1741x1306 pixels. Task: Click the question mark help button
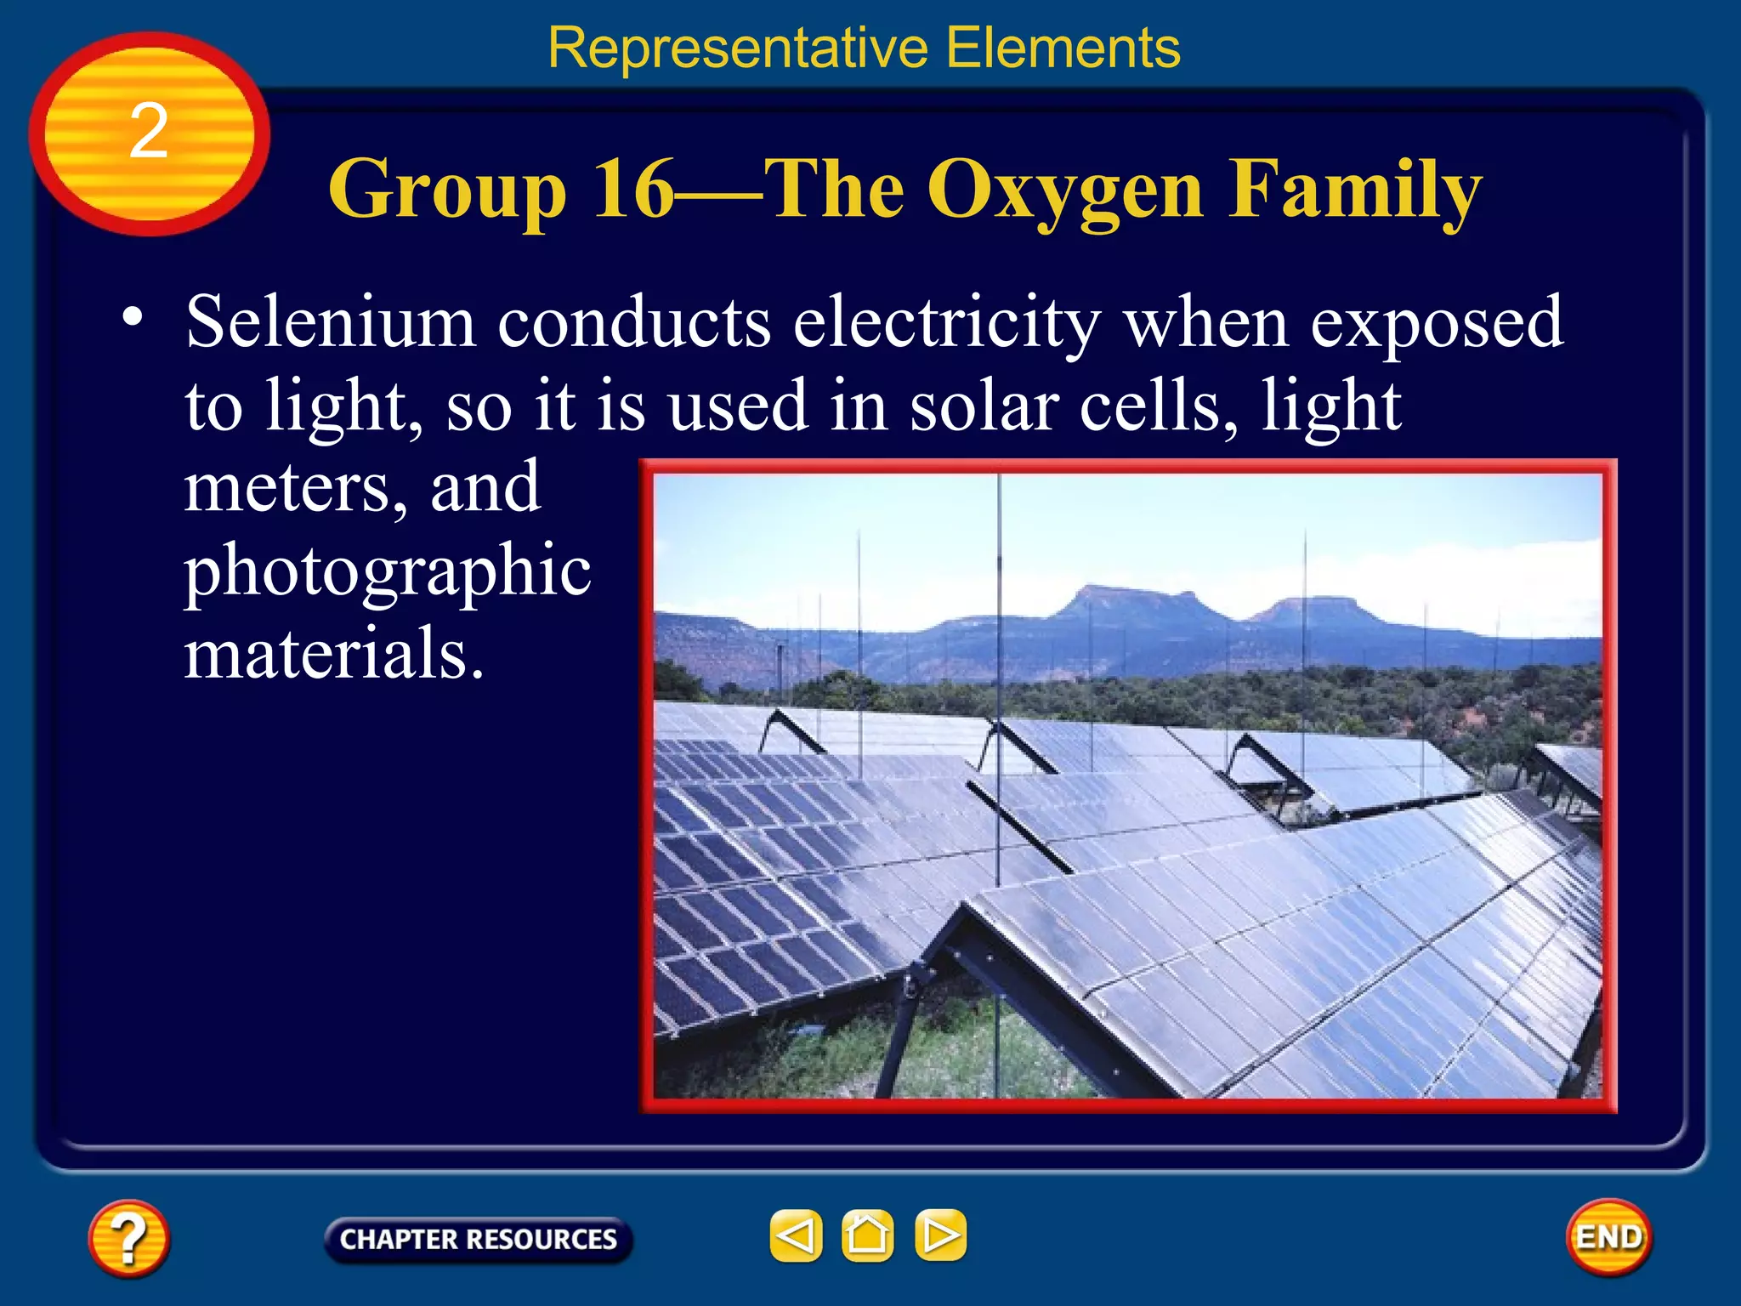[128, 1237]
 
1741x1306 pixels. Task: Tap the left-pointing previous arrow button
[796, 1235]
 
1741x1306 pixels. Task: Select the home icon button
[867, 1235]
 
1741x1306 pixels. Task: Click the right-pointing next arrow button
[940, 1235]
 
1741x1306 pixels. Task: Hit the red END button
[1608, 1237]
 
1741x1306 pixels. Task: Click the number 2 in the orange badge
[149, 132]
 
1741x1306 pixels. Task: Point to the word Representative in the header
[737, 48]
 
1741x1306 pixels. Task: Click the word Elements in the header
[1063, 48]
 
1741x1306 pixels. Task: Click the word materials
[334, 653]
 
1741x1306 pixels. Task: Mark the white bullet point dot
[133, 317]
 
